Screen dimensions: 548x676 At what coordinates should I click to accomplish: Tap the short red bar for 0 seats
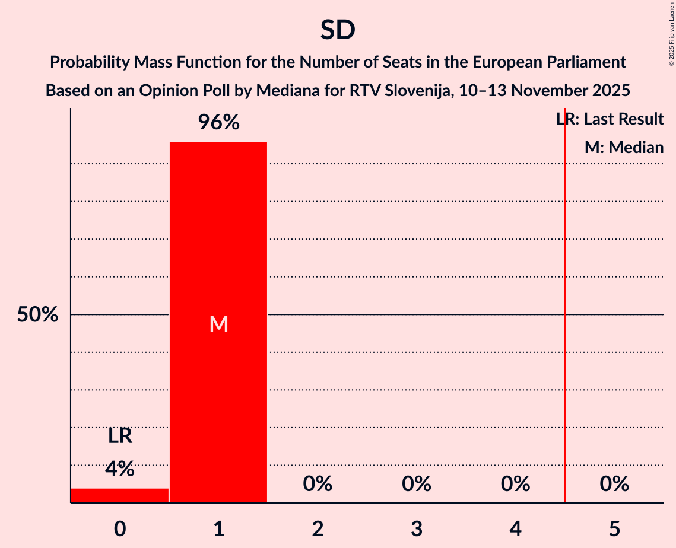(x=120, y=495)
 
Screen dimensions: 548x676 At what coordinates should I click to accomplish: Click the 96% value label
(x=218, y=123)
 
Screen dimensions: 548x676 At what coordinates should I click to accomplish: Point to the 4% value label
(x=120, y=469)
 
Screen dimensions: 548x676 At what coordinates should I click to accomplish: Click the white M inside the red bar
(x=218, y=324)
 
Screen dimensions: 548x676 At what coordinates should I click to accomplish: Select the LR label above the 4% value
(x=120, y=437)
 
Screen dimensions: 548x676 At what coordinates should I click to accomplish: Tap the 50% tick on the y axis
(x=37, y=315)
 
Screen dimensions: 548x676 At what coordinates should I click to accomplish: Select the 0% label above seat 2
(x=318, y=484)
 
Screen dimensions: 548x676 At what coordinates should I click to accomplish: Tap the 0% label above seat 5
(x=614, y=484)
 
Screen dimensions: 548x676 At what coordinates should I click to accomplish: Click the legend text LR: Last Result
(x=610, y=119)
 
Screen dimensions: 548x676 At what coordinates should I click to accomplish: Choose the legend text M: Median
(x=624, y=147)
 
